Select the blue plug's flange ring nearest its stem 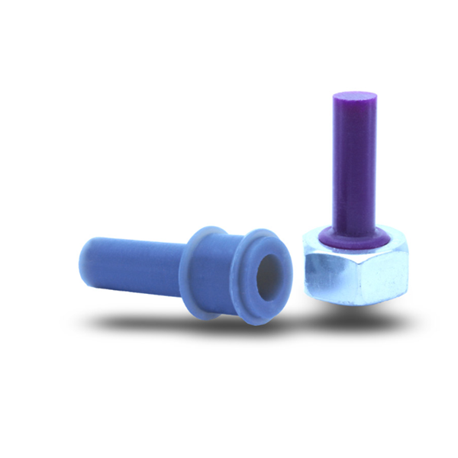pos(199,267)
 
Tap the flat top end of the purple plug pos(354,97)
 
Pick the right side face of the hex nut pos(385,275)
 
